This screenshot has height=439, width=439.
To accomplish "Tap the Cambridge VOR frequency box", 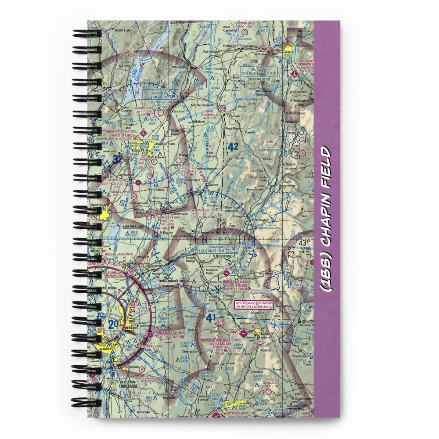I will pyautogui.click(x=218, y=249).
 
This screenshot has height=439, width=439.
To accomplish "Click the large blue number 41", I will pyautogui.click(x=211, y=317).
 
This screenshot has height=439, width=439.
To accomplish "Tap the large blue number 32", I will pyautogui.click(x=117, y=159).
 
